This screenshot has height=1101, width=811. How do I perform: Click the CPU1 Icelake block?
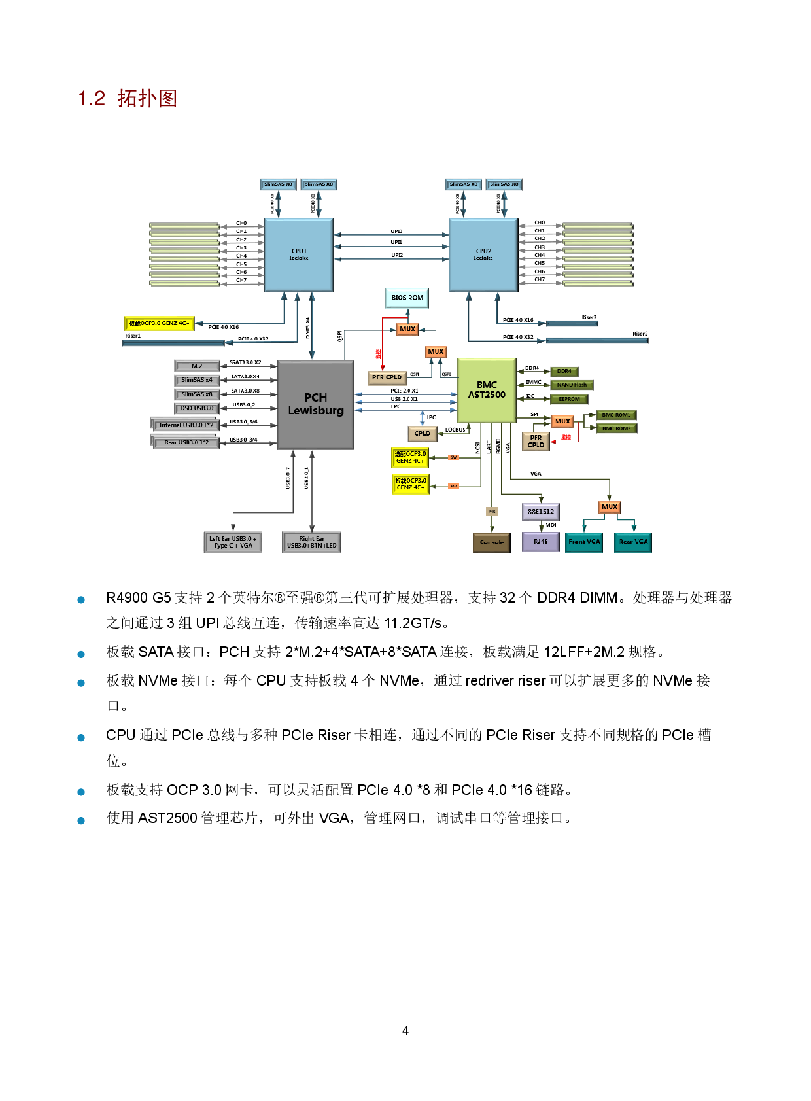[x=299, y=254]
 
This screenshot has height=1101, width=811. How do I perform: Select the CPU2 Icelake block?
[x=483, y=254]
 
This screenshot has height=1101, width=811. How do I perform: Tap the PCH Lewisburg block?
[x=316, y=404]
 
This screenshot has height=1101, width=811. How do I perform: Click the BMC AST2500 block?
[x=487, y=390]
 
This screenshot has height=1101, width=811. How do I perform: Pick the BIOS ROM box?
[x=407, y=298]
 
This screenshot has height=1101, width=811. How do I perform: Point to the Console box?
[x=492, y=542]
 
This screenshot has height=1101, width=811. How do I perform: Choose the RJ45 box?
[x=540, y=542]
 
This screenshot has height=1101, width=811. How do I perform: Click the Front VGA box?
[x=584, y=542]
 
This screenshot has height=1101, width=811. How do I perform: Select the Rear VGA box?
[x=633, y=542]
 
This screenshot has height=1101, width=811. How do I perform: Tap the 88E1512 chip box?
[x=540, y=512]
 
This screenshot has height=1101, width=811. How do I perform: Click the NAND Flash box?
[x=572, y=385]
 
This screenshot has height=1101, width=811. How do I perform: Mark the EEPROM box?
[x=569, y=399]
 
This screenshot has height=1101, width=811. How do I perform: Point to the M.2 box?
[x=197, y=366]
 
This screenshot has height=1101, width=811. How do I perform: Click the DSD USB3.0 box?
[x=197, y=408]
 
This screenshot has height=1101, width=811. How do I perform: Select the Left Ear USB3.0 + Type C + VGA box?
[x=233, y=542]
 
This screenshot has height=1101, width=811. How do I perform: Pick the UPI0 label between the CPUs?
[x=396, y=232]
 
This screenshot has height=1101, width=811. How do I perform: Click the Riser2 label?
[x=640, y=334]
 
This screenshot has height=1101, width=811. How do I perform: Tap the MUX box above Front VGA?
[x=610, y=507]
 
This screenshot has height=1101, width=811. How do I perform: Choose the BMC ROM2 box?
[x=616, y=428]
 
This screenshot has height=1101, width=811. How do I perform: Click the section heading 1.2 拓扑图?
[x=128, y=99]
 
